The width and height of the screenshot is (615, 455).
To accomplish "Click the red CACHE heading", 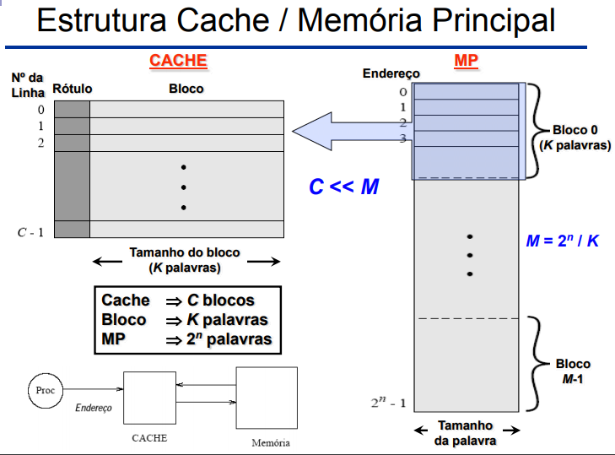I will [x=177, y=61].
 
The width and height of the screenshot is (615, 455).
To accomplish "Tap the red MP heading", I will [x=466, y=61].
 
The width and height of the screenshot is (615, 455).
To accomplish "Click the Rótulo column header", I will [x=72, y=89].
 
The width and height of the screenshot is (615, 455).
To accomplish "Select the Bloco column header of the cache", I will [x=186, y=89].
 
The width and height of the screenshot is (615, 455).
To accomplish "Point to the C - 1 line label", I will [x=31, y=231].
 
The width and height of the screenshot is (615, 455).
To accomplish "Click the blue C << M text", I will [x=343, y=187].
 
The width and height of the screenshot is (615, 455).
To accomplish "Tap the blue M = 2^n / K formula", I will [x=563, y=241].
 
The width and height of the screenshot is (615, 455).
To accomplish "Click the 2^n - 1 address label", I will [x=389, y=403].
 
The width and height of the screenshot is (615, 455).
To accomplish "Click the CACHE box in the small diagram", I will [x=149, y=398].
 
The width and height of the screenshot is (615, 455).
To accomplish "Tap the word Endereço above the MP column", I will [x=391, y=74].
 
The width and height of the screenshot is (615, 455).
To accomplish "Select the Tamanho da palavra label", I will [x=465, y=433].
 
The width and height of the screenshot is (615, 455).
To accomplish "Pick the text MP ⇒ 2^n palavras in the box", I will [x=186, y=339].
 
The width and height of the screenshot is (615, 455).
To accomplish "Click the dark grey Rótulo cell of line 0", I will [x=72, y=109].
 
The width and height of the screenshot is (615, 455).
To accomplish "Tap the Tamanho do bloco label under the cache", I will [x=185, y=260].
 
